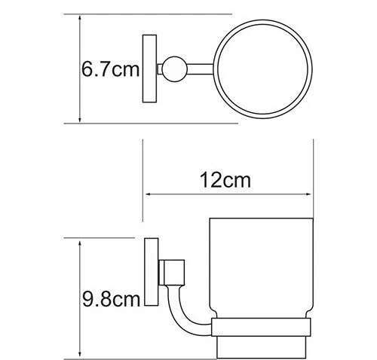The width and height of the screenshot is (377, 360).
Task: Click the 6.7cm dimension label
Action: tap(110, 69)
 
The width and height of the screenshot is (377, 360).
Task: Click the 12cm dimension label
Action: tap(225, 180)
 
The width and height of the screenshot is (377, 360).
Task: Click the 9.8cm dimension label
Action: tap(111, 299)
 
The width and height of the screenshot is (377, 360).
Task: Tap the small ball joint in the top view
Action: tap(174, 69)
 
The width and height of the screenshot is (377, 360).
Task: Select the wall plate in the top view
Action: tap(149, 69)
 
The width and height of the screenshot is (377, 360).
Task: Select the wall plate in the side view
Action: tap(152, 272)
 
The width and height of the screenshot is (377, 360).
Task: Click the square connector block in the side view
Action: tap(172, 273)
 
